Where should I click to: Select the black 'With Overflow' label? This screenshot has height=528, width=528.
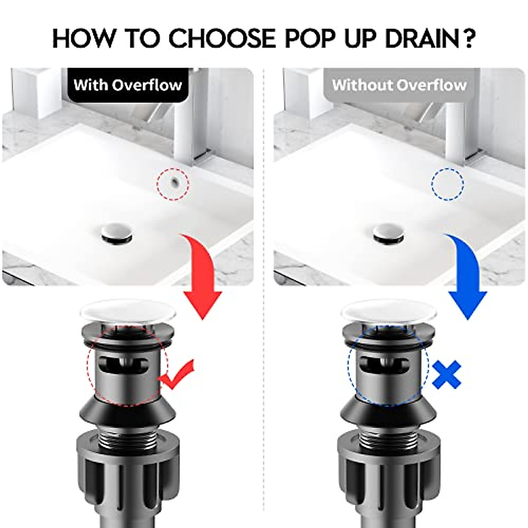click(128, 84)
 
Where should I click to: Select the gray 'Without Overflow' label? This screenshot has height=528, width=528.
click(399, 84)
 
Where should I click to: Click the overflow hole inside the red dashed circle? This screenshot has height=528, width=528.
click(175, 181)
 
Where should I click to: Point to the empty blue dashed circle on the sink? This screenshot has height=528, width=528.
click(447, 184)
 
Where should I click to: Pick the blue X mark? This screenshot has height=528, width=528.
click(447, 374)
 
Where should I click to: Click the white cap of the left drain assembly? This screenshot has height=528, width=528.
click(128, 311)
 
